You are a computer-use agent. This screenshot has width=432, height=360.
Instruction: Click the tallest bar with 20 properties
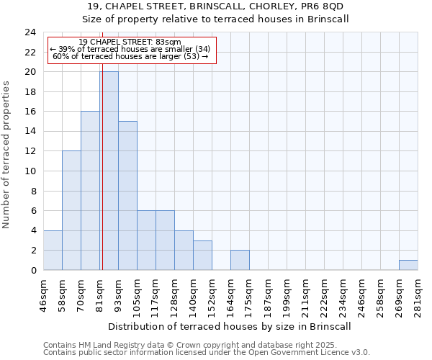[x=109, y=171]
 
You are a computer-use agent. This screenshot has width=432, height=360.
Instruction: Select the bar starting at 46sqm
[x=53, y=250]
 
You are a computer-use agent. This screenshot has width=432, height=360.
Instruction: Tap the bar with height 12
[x=71, y=210]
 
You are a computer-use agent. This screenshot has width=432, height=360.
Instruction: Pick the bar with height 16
[x=90, y=191]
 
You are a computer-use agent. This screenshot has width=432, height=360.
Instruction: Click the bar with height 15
[x=127, y=195]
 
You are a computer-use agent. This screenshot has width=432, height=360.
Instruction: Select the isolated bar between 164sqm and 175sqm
[x=240, y=260]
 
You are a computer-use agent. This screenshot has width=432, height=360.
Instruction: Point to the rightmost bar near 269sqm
[x=408, y=265]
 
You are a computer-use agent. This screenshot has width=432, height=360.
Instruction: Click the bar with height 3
[x=202, y=255]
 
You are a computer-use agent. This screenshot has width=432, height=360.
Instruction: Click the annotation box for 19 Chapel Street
[x=132, y=49]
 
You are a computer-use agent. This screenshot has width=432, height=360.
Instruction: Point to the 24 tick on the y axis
[x=30, y=32]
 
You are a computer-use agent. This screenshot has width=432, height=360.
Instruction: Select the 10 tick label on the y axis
[x=30, y=171]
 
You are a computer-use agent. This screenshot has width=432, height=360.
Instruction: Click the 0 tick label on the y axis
[x=33, y=271]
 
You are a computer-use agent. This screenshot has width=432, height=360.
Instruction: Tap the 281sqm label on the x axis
[x=418, y=293]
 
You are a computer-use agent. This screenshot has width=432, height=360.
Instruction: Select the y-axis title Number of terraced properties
[x=7, y=155]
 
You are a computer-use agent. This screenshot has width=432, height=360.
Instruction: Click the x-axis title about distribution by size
[x=230, y=326]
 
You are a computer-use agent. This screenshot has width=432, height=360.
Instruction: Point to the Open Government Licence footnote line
[x=207, y=353]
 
